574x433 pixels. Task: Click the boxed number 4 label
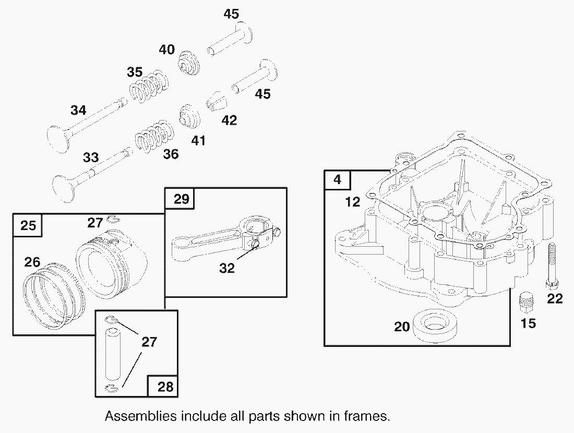coord(337,180)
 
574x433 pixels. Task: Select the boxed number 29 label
coord(178,198)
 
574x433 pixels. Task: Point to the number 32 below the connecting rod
coord(227,268)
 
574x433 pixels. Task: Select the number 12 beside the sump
coord(353,201)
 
